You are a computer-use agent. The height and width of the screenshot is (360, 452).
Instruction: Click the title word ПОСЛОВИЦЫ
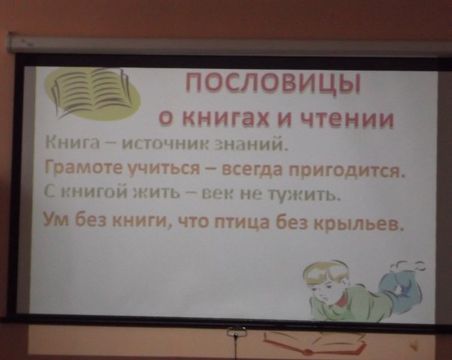273,83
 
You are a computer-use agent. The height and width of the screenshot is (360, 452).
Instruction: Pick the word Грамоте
84,169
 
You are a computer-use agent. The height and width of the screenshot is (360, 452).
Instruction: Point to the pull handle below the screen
237,331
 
